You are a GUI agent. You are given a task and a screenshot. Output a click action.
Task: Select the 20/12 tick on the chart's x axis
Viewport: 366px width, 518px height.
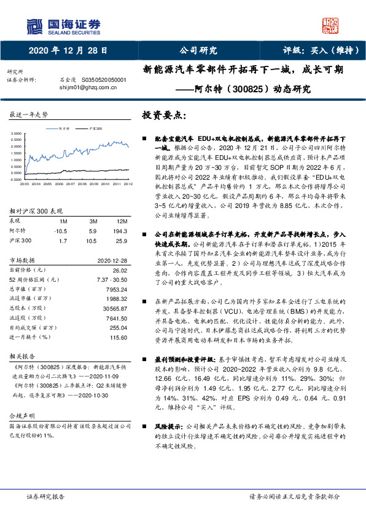click(128, 183)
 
